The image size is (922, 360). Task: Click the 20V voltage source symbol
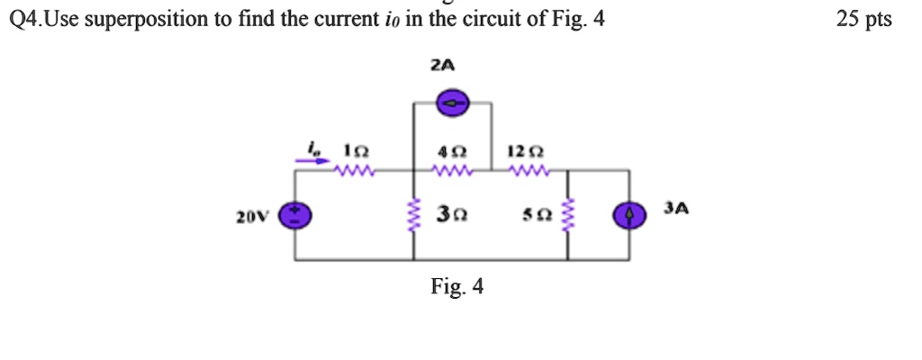(295, 216)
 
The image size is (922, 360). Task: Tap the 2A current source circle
(452, 104)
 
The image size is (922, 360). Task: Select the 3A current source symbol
(629, 216)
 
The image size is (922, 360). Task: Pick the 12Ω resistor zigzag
(522, 168)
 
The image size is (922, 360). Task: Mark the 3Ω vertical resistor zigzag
(414, 216)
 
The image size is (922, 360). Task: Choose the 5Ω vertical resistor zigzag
(567, 216)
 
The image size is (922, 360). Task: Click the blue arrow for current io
(312, 163)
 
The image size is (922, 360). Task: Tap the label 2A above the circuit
(442, 65)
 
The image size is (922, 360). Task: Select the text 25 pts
(863, 19)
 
